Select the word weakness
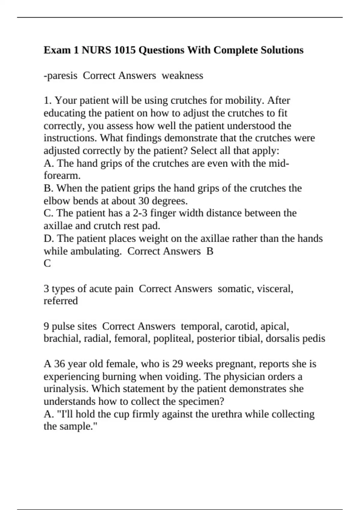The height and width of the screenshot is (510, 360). (x=182, y=76)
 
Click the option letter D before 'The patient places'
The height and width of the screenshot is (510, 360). (x=48, y=238)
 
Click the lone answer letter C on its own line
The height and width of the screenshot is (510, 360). (x=47, y=263)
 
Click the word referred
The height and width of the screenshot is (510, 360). (x=61, y=301)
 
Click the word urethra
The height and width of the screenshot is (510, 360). (x=228, y=414)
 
